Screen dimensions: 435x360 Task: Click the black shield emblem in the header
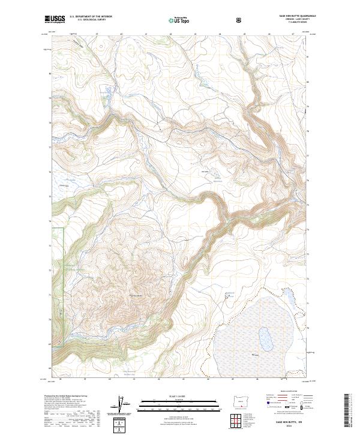click(241, 20)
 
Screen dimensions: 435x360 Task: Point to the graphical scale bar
click(163, 403)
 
